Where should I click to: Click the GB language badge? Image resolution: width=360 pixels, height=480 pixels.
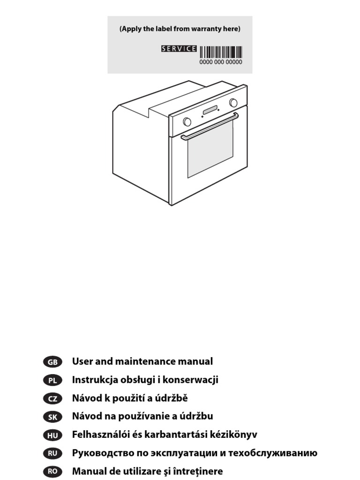pos(52,362)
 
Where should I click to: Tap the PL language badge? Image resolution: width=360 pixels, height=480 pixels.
pos(52,380)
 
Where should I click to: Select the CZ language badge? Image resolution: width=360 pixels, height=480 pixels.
pos(52,398)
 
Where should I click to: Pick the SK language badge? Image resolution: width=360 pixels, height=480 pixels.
pos(52,417)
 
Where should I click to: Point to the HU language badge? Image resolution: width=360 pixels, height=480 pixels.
pos(52,435)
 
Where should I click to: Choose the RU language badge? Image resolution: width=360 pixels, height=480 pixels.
pos(52,453)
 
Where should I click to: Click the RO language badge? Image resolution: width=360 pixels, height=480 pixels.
pos(52,472)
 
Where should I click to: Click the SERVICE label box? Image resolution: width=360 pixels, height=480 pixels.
pos(179,49)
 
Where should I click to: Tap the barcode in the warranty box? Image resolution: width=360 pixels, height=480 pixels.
pos(221,52)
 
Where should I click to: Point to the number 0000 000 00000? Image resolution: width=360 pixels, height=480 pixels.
pos(221,62)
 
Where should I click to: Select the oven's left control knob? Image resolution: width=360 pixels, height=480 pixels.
pos(187,122)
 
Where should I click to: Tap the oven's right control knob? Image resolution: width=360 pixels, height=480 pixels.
pos(233,103)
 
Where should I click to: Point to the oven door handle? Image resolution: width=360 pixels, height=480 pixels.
pos(210,125)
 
